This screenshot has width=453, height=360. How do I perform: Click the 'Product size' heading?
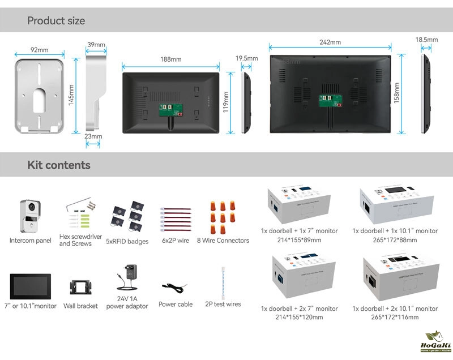pos(56,21)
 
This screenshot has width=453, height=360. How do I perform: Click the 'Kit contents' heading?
pos(59,165)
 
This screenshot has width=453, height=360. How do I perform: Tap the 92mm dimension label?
pos(39,50)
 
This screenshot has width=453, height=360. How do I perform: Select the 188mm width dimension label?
pos(170,59)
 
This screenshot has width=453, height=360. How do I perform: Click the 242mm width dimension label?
pos(330,42)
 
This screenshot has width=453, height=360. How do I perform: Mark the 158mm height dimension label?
pos(396,93)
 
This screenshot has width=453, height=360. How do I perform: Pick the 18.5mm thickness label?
pos(426,40)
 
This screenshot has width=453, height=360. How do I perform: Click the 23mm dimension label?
pos(93,136)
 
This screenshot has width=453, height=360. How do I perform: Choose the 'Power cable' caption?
pos(176,304)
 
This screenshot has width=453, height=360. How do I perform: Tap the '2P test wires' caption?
pos(223,304)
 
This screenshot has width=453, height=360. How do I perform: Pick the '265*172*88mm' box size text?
pos(395,240)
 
